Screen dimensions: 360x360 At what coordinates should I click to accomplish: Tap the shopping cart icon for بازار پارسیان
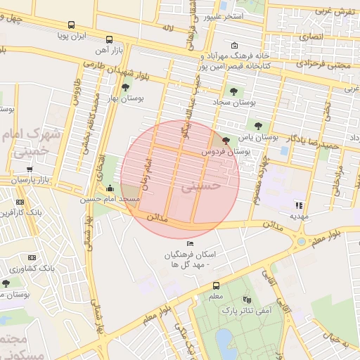tap(30, 169)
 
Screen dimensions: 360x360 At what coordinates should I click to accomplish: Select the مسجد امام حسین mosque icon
tap(110, 188)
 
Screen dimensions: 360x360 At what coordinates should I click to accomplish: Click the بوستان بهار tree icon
tap(125, 88)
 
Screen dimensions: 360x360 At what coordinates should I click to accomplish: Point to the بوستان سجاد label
tap(232, 102)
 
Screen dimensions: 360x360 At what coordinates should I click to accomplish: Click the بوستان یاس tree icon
tap(259, 125)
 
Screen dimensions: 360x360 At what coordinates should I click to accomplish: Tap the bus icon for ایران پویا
tap(71, 25)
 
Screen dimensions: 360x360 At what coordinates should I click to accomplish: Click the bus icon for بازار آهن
tap(108, 40)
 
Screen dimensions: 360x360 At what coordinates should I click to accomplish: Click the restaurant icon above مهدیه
tap(299, 205)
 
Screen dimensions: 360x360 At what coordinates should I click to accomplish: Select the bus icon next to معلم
tap(216, 285)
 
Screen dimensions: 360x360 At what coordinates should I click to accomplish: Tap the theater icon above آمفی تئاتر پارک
tap(245, 299)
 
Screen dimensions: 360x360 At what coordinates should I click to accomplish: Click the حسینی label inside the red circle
tap(202, 187)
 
